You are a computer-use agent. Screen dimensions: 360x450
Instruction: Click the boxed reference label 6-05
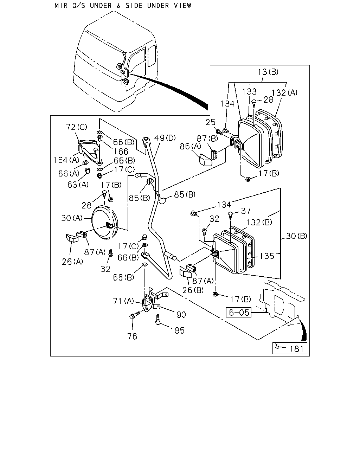[x=238, y=313]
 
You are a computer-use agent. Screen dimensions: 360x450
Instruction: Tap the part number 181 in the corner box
[x=297, y=349]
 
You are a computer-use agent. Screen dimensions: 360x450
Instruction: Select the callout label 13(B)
[x=268, y=72]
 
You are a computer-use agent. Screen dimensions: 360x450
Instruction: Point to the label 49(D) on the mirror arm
[x=165, y=138]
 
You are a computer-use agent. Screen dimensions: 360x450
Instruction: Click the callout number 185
[x=178, y=330]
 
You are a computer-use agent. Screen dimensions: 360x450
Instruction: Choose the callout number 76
[x=132, y=336]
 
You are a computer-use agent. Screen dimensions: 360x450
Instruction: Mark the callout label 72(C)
[x=76, y=127]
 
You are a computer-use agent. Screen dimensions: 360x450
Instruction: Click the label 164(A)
[x=66, y=160]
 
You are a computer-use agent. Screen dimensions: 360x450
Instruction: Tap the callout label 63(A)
[x=78, y=185]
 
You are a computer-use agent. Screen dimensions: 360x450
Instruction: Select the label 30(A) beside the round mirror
[x=72, y=218]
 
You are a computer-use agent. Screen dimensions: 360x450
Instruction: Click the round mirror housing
[x=105, y=223]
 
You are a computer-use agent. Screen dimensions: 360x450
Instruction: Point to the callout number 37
[x=246, y=211]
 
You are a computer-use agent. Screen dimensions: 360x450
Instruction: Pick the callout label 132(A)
[x=284, y=92]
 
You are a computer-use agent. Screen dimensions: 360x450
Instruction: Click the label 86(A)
[x=190, y=146]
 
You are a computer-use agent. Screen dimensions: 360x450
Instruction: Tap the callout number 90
[x=181, y=315]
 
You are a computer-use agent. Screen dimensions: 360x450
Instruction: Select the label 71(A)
[x=123, y=301]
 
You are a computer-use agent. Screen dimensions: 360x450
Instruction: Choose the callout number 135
[x=267, y=256]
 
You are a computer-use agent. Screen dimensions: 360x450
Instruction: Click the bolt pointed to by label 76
[x=134, y=316]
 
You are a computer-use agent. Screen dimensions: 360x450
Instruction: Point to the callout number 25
[x=211, y=122]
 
